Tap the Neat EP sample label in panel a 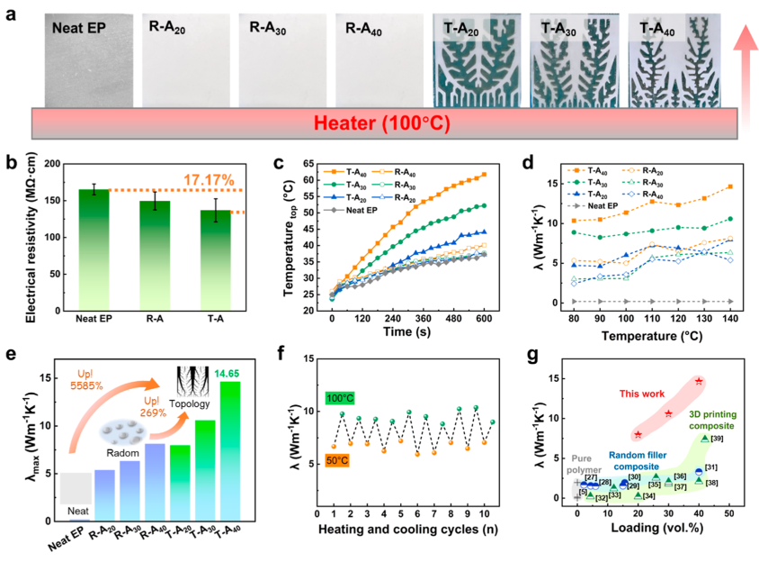80,26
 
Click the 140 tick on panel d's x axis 729,318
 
